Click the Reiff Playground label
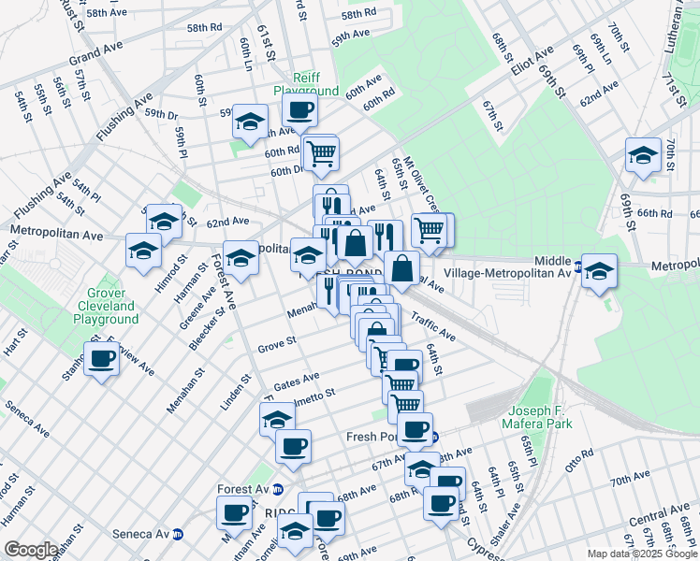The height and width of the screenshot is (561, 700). click(305, 84)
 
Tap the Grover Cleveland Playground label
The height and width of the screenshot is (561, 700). click(106, 306)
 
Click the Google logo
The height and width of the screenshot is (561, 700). click(31, 550)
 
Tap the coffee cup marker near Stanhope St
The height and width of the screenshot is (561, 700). click(102, 358)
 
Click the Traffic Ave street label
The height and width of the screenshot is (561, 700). click(432, 327)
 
